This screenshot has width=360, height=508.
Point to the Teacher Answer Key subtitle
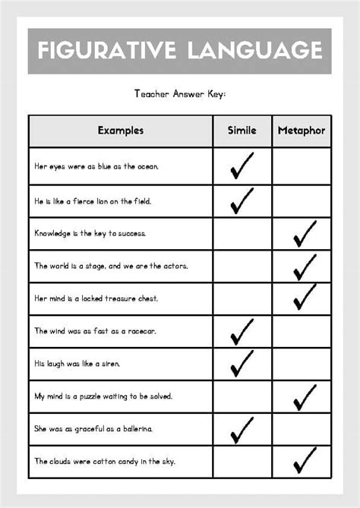point(180,94)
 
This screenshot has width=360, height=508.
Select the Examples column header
point(120,131)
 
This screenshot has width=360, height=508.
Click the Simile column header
point(242,131)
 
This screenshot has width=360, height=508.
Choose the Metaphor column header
point(302,131)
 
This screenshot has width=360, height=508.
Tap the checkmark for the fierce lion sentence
point(242,200)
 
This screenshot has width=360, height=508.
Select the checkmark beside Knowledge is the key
point(304,234)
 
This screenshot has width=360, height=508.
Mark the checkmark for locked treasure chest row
point(304,297)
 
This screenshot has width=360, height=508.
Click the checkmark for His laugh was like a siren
point(242,363)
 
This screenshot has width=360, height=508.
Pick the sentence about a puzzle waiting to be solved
point(104,396)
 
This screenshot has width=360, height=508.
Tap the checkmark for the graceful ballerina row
point(242,428)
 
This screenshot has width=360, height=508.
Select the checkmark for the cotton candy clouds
point(304,460)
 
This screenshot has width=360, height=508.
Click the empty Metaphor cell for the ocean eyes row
point(302,166)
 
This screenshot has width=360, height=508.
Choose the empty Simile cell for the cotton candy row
point(242,461)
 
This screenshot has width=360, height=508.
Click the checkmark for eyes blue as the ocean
point(242,166)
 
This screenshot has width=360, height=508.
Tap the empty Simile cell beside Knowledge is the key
point(242,234)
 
